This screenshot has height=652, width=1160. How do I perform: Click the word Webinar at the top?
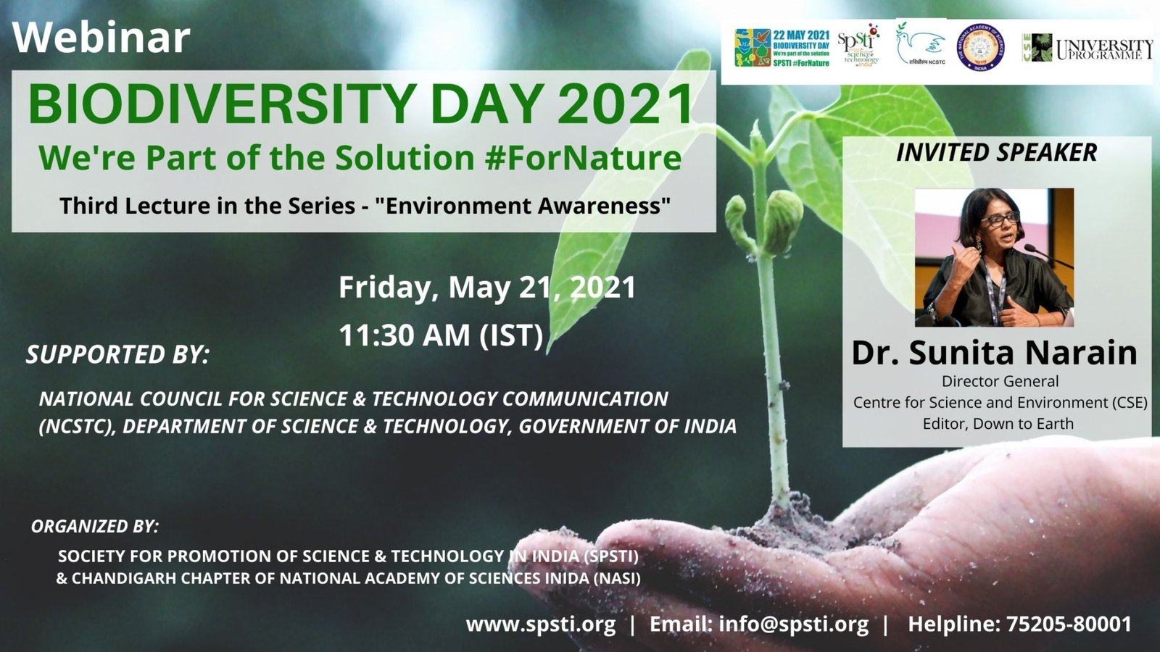pos(101,38)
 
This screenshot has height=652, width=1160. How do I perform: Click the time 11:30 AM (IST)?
pos(441,335)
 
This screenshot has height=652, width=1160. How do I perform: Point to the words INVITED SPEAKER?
pos(996,153)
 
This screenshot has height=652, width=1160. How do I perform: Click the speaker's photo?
pos(994,257)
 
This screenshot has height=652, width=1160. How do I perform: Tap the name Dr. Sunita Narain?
pos(994,353)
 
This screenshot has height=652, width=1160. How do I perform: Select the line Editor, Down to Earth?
pos(998,424)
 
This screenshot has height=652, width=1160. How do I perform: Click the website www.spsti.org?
pos(540,624)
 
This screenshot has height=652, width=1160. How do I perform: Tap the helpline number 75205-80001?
pos(1069,624)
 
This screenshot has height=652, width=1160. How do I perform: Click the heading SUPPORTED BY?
pos(117,355)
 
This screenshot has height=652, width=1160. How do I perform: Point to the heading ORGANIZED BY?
pos(94,527)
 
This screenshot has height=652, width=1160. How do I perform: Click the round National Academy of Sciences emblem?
pos(980,48)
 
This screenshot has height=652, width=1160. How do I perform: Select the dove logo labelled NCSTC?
pos(921,48)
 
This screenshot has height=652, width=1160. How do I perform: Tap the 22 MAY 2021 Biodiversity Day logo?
pos(782,48)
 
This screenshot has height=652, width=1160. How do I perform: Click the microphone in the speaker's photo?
pos(1044,255)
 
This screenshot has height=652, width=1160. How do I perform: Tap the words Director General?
pos(1000,382)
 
